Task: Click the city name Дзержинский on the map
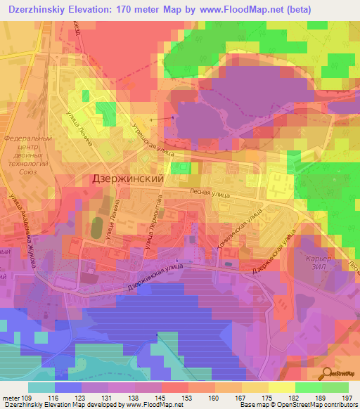(x=128, y=179)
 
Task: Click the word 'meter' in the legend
(x=10, y=399)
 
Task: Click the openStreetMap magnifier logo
(x=326, y=375)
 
